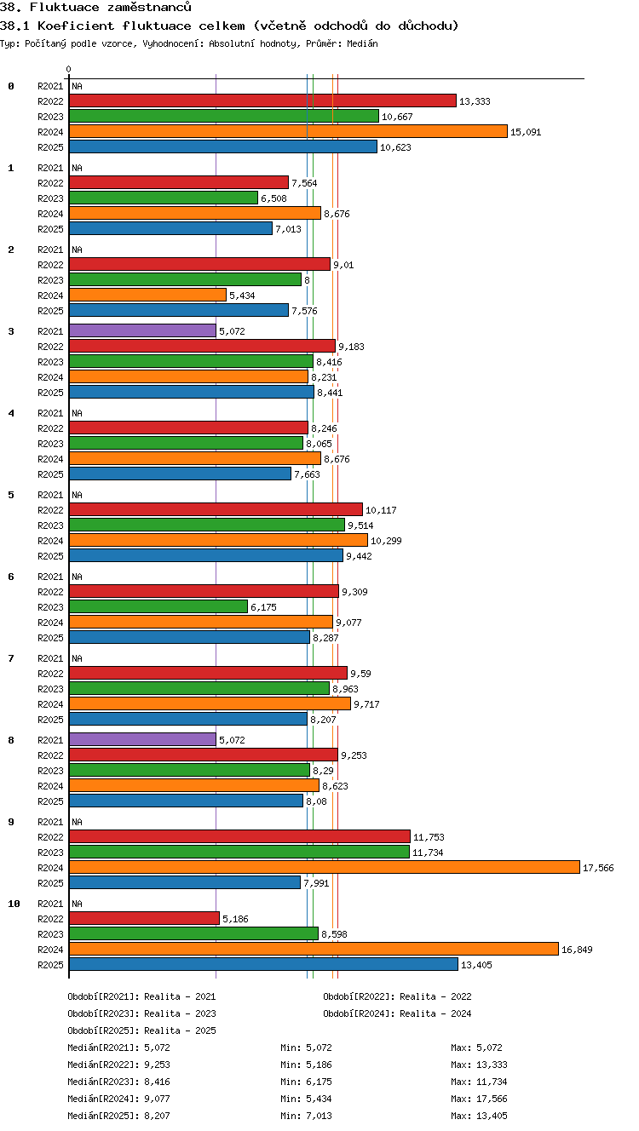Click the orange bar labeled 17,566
coord(325,867)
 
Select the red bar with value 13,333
coord(262,100)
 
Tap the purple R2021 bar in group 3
coord(142,330)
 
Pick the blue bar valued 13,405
coord(263,964)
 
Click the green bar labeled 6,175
coord(158,606)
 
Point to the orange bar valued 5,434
coord(147,295)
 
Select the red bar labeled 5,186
coord(145,917)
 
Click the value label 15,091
coord(526,132)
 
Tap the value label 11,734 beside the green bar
coord(428,853)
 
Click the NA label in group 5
coord(77,495)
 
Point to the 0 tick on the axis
coord(69,69)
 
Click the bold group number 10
coord(14,904)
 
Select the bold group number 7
coord(11,658)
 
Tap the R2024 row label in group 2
coord(50,296)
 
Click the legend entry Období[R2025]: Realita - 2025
coord(141,1031)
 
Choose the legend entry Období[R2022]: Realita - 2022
coord(397,996)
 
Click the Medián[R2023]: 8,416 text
coord(118,1082)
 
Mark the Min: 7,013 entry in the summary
coord(306,1116)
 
